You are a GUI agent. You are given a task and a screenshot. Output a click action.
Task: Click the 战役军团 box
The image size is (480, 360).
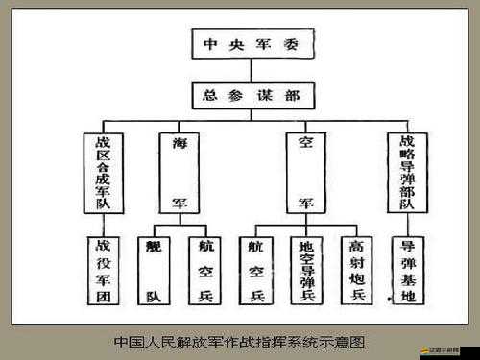[x=102, y=271]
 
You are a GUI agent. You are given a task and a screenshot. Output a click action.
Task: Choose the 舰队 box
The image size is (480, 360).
[x=154, y=271]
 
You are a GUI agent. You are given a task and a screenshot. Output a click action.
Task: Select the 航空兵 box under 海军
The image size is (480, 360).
[x=204, y=271]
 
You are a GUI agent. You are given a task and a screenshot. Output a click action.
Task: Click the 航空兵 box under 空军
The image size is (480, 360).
[x=256, y=271]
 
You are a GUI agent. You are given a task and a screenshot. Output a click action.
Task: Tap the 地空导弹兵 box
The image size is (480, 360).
[x=306, y=271]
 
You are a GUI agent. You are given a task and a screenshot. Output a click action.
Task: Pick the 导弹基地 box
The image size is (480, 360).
[x=407, y=271]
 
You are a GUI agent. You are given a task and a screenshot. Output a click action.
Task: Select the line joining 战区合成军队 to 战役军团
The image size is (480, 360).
[x=102, y=225]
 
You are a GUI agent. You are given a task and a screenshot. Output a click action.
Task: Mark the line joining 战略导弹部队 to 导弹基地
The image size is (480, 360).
[x=407, y=225]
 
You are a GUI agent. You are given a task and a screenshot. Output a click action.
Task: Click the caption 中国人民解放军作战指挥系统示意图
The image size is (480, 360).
[x=240, y=342]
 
